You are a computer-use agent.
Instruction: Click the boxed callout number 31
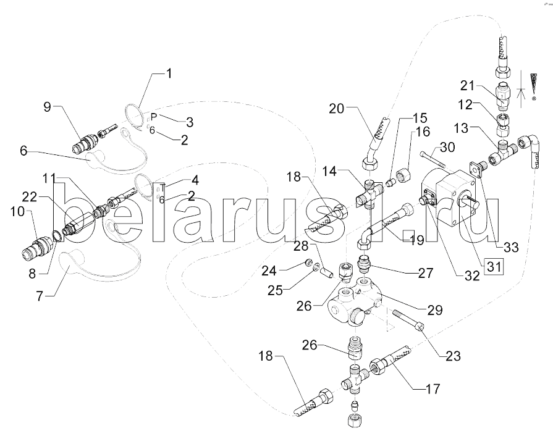[494, 266]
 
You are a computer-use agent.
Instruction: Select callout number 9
[47, 107]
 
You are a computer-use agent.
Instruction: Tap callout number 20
[336, 109]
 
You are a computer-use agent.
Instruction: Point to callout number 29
[434, 310]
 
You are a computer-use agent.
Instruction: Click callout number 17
[433, 389]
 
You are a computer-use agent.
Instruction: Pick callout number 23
[453, 356]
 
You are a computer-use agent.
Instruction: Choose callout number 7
[40, 296]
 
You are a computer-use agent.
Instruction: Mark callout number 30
[447, 148]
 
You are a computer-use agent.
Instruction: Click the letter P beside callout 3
[154, 117]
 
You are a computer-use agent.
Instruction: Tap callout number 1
[169, 73]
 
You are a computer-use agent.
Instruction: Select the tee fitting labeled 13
[504, 149]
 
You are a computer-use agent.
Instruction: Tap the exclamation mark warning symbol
[534, 86]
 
